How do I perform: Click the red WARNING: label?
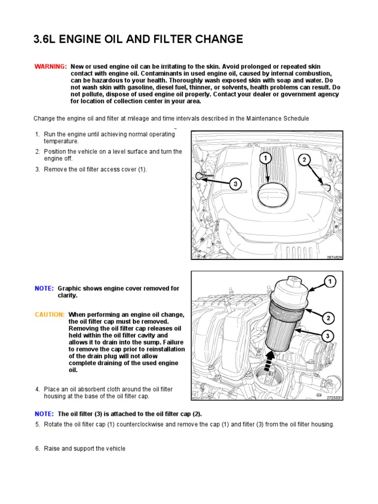click(50, 66)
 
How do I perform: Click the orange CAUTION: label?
click(50, 315)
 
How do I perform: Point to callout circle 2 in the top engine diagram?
click(304, 159)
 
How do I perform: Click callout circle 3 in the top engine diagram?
click(236, 184)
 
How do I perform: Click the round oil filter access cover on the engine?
click(270, 195)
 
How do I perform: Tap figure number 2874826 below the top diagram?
click(334, 256)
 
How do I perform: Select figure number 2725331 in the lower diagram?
click(334, 397)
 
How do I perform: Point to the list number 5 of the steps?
click(37, 424)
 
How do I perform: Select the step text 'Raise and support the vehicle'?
click(85, 448)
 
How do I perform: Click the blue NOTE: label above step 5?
click(44, 414)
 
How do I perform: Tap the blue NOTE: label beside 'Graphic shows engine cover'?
click(44, 288)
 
